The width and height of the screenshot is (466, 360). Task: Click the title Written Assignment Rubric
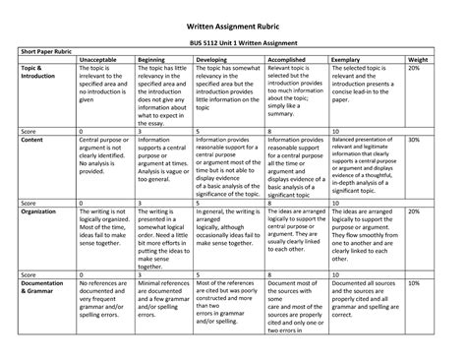[233, 14]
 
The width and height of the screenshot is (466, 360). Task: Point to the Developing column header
[217, 61]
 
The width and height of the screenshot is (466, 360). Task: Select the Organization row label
[41, 210]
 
